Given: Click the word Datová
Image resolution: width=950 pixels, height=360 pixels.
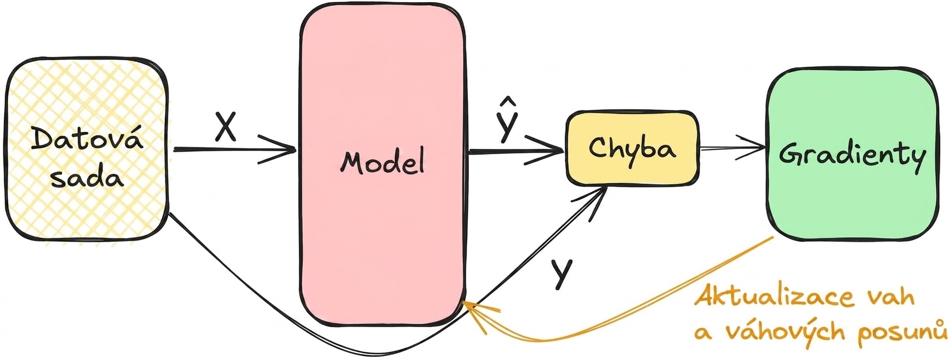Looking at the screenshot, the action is point(87,138).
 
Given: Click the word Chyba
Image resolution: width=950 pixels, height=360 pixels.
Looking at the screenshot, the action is point(632,148).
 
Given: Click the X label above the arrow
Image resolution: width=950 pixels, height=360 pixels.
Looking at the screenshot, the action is point(225,126).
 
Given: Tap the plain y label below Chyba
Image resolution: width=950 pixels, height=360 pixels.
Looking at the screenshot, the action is point(562,274).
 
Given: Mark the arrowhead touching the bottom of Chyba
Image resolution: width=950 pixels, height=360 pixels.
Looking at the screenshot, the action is point(592,204).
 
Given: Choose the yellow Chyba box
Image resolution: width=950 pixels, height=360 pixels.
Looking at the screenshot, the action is point(632,148).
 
